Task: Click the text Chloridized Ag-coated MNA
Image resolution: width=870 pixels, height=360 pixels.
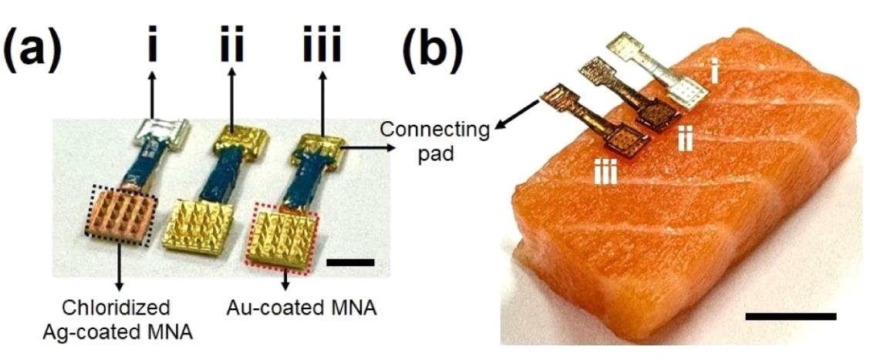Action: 126,319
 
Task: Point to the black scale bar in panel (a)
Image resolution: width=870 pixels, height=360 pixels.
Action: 350,263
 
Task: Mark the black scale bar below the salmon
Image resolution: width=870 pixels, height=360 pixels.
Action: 791,315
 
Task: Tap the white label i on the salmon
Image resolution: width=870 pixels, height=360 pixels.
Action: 715,75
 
